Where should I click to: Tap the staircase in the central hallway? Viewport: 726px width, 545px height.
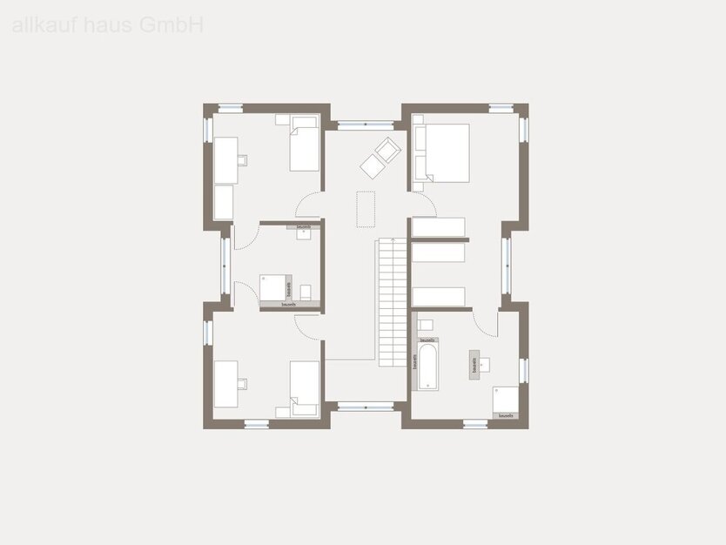point(392,302)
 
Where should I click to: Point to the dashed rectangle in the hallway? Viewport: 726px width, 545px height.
point(365,209)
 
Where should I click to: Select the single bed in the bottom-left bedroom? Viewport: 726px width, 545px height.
point(304,388)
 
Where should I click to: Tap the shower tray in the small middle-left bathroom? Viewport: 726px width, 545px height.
point(274,288)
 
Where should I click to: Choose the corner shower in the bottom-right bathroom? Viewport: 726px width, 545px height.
point(506,399)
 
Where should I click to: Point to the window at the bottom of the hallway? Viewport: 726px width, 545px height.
point(365,406)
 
